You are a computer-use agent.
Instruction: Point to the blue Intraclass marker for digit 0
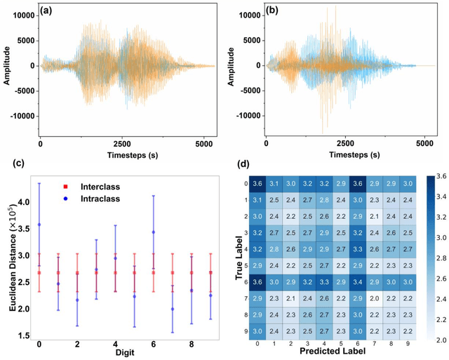(x=39, y=225)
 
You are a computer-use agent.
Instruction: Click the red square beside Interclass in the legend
(x=65, y=187)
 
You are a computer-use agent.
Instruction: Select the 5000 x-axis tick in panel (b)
(x=426, y=142)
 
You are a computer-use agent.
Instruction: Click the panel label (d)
(x=243, y=166)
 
